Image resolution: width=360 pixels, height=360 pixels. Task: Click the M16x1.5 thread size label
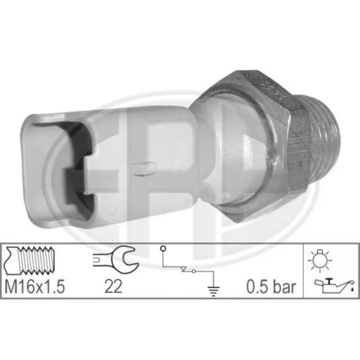click(35, 287)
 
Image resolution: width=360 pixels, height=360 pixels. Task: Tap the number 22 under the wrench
click(113, 287)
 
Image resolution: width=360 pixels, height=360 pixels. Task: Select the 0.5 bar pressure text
click(271, 287)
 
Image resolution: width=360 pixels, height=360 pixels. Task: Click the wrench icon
click(116, 260)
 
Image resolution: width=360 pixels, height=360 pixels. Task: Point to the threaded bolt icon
click(30, 260)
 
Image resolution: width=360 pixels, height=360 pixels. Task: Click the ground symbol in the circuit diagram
click(213, 291)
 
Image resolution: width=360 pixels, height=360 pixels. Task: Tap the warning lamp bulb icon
click(320, 260)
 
